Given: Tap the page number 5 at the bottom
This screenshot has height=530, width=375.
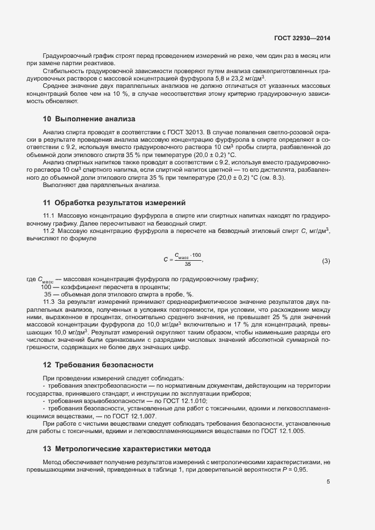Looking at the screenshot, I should pos(328,482).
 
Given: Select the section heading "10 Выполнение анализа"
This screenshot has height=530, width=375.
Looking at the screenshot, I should pos(89,119).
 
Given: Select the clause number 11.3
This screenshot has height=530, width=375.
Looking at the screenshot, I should pos(49,302).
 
